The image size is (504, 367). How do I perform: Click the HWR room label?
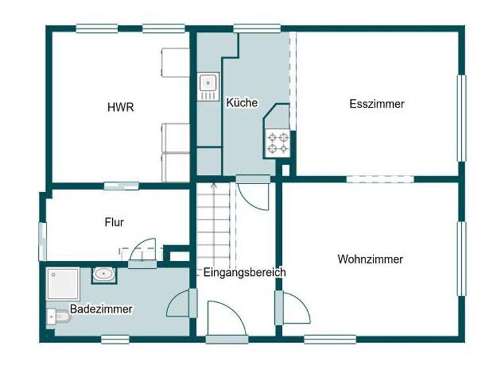click(x=121, y=107)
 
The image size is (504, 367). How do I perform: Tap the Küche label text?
click(x=241, y=103)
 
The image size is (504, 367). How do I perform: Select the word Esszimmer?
click(x=377, y=104)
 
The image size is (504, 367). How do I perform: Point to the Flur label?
click(x=114, y=222)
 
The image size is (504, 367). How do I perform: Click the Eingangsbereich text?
click(x=244, y=272)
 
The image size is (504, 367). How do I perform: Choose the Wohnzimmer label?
click(x=370, y=260)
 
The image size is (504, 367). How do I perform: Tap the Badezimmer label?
click(x=101, y=309)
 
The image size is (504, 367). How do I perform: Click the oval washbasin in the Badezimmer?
click(x=102, y=274)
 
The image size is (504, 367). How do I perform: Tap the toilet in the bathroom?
click(x=58, y=317)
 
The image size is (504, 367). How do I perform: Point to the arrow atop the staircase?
click(x=213, y=187)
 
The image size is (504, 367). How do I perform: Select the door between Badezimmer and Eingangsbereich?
click(x=182, y=305)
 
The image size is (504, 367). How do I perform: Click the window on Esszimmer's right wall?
click(x=461, y=118)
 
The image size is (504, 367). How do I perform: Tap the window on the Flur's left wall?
click(x=43, y=241)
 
